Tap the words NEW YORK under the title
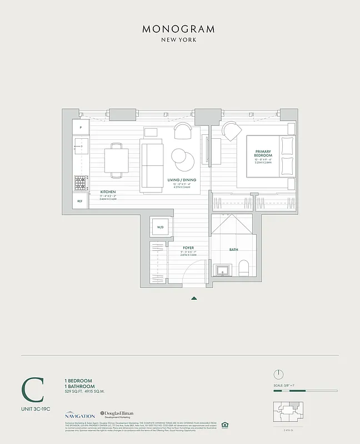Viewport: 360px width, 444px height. pyautogui.click(x=179, y=41)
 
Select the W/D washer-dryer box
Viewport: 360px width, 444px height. pyautogui.click(x=160, y=228)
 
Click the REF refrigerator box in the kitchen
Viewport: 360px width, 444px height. pyautogui.click(x=80, y=201)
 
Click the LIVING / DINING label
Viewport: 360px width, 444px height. pyautogui.click(x=182, y=180)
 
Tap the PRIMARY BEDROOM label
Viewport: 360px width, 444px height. pyautogui.click(x=263, y=153)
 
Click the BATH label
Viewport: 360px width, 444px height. pyautogui.click(x=234, y=250)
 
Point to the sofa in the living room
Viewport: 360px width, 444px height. pyautogui.click(x=152, y=165)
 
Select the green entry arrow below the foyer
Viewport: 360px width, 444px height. pyautogui.click(x=194, y=298)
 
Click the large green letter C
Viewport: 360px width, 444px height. pyautogui.click(x=33, y=389)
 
